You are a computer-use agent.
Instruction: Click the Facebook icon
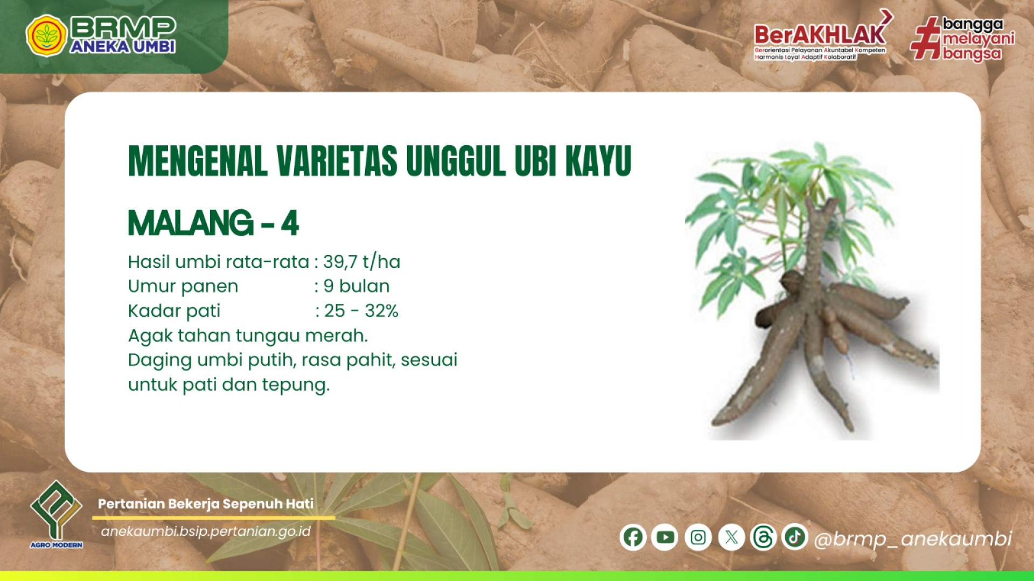[x=633, y=537]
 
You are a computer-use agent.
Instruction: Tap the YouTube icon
[x=665, y=537]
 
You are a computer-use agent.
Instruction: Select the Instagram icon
[x=698, y=537]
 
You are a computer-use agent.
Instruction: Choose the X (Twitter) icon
[x=731, y=537]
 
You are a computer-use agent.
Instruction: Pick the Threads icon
[x=763, y=537]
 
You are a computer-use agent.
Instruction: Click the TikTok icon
[x=795, y=536]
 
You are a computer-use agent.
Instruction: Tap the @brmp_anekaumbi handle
[x=913, y=539]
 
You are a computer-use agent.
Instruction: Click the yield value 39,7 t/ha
[x=362, y=262]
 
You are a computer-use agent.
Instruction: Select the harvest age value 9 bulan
[x=357, y=286]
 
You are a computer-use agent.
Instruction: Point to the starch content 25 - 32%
[x=361, y=311]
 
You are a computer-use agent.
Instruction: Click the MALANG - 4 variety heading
[x=213, y=223]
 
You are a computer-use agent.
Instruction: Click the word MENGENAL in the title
[x=198, y=161]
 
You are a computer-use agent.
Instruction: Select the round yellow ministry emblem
[x=46, y=36]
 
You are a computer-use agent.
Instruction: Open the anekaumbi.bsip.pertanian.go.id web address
[x=206, y=532]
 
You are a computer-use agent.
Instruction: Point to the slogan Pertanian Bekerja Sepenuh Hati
[x=206, y=504]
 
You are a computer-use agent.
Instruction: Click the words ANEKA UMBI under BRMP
[x=123, y=47]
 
